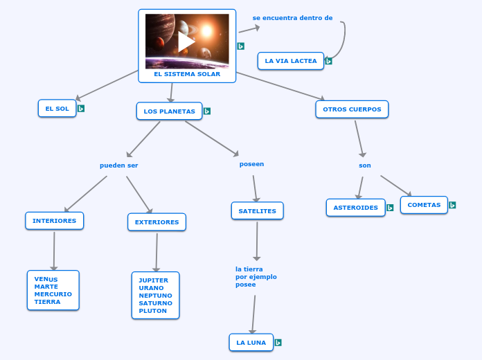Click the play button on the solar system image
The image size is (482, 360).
click(187, 42)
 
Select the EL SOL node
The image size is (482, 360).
click(57, 109)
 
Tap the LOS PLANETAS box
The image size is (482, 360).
click(170, 111)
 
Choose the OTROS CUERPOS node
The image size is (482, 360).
click(352, 109)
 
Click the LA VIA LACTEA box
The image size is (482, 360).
click(291, 61)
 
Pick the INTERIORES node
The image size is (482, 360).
click(55, 221)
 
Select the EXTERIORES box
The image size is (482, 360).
click(157, 222)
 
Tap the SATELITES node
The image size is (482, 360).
click(257, 211)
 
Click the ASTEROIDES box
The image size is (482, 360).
click(355, 208)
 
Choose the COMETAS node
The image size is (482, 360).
click(424, 205)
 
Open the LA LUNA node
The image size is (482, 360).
click(251, 343)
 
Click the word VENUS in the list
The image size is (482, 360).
click(46, 279)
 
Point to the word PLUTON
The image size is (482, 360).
click(153, 311)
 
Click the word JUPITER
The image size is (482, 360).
click(154, 280)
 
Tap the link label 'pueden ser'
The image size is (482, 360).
click(119, 165)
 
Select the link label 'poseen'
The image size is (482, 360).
click(251, 164)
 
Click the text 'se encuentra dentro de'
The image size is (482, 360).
click(292, 18)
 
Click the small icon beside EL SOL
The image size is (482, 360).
click(81, 109)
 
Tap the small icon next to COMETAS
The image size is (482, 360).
click(452, 205)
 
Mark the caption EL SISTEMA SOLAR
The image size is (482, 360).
click(187, 74)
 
